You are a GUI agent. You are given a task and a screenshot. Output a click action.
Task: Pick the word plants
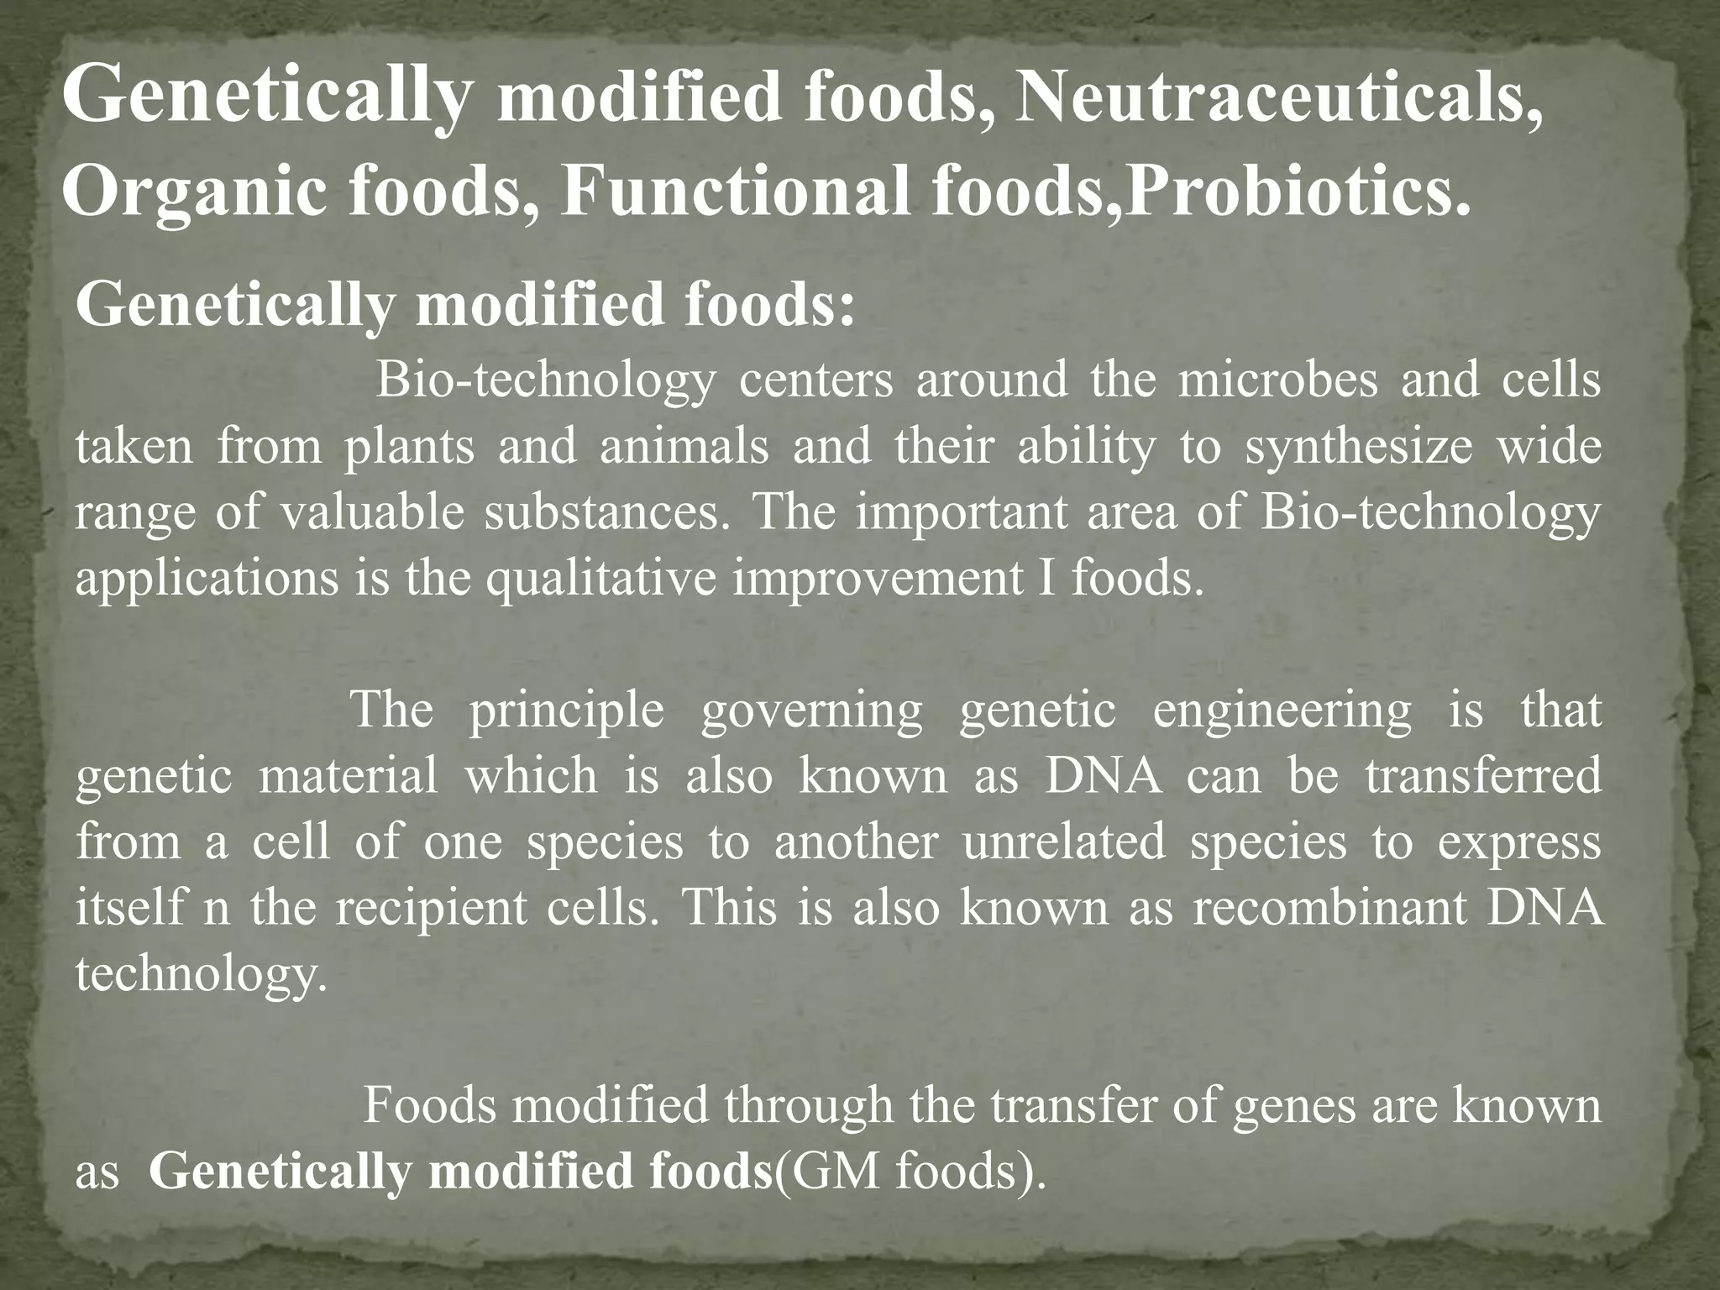pos(409,446)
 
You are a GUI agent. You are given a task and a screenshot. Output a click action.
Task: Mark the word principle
pos(566,710)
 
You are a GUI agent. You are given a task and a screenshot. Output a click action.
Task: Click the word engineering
pos(1282,710)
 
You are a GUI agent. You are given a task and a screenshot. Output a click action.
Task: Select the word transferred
pos(1483,775)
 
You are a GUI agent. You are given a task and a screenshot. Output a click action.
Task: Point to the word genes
pos(1294,1106)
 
